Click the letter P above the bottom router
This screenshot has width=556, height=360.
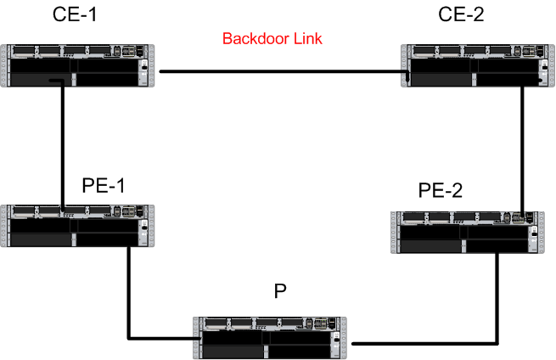pos(281,291)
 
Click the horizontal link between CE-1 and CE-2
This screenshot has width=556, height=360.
pos(280,71)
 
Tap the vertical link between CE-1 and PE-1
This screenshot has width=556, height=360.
pos(63,144)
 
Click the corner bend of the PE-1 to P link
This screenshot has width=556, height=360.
pos(128,338)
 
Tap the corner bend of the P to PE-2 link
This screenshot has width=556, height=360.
pos(497,343)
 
